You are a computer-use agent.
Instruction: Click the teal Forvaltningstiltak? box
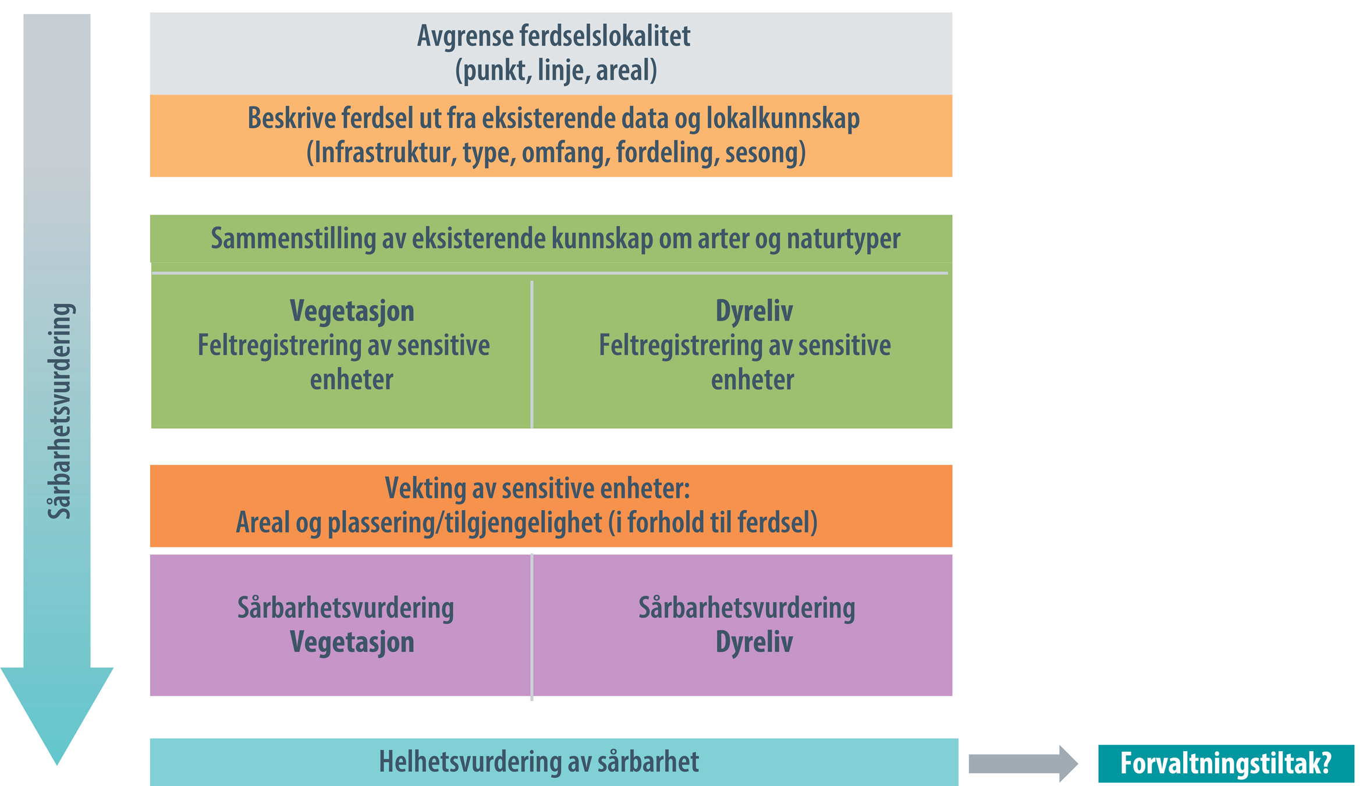coord(1226,763)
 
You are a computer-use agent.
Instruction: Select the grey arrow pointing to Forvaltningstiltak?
coord(1023,763)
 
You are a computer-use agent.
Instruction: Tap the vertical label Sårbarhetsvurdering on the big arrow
coord(60,411)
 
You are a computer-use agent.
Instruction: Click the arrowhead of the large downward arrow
coord(57,716)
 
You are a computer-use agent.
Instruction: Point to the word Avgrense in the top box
coord(466,36)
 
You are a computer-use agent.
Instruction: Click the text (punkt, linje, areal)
coord(556,70)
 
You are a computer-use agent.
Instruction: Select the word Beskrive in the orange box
coord(292,118)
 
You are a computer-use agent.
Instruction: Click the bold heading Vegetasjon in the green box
coord(352,311)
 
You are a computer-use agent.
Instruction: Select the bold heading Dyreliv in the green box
coord(754,311)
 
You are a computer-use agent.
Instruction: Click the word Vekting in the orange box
coord(425,489)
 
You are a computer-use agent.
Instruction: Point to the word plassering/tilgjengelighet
coord(464,523)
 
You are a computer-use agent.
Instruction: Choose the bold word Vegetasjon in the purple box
coord(352,642)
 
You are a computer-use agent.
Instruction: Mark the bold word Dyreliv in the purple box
coord(754,642)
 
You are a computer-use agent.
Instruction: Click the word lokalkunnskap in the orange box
coord(783,119)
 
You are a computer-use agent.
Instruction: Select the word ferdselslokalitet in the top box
coord(605,36)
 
